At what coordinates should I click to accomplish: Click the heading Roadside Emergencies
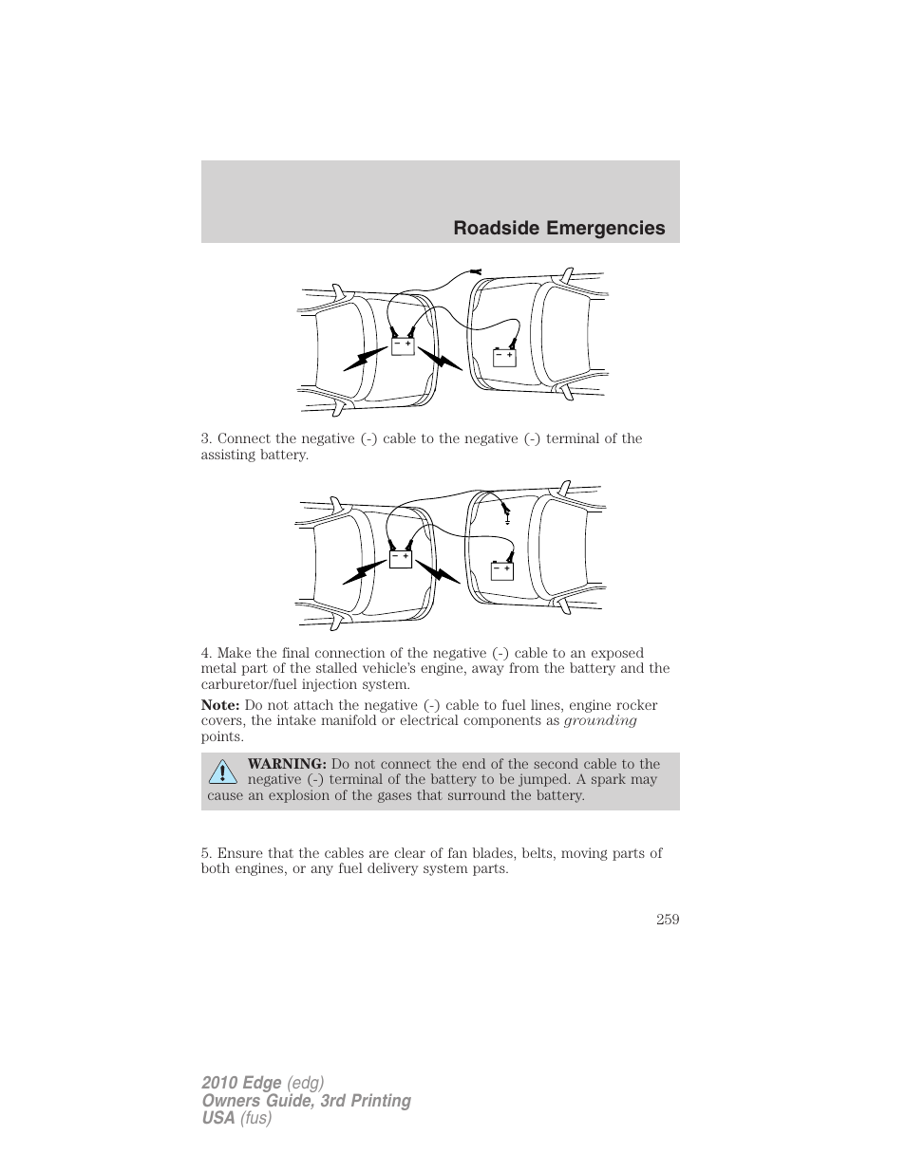[558, 228]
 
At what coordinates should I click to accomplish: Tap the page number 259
[668, 918]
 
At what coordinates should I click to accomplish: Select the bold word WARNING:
[287, 764]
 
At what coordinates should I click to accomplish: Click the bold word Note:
[219, 705]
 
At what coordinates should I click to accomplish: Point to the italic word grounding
[600, 721]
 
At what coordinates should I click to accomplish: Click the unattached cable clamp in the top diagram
[476, 273]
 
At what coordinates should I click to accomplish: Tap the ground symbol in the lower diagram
[508, 519]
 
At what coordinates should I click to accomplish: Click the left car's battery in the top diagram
[403, 346]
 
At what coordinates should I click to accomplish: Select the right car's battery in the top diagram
[503, 358]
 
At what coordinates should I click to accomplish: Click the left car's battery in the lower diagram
[400, 560]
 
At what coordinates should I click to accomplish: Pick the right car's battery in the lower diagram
[501, 570]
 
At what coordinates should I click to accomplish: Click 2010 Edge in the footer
[241, 1083]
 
